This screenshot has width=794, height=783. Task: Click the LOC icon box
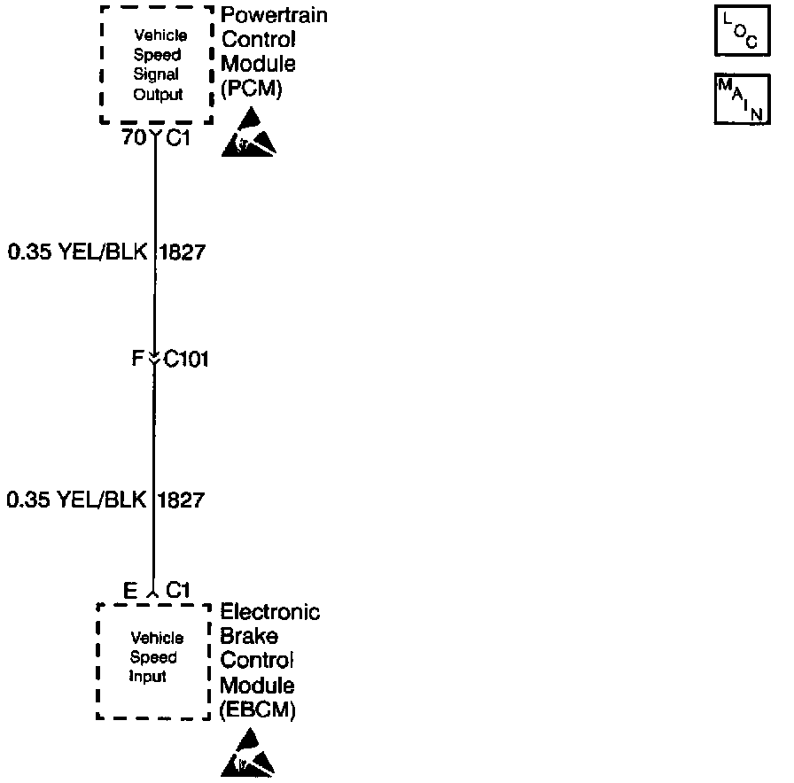click(x=740, y=33)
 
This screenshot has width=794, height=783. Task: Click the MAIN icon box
click(x=740, y=99)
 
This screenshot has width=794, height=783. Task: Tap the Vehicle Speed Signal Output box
click(x=157, y=66)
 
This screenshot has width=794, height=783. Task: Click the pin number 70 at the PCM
click(x=134, y=137)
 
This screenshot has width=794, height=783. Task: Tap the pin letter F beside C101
click(x=137, y=360)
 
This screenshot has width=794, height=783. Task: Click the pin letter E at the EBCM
click(x=130, y=590)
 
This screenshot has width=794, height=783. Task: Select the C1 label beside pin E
click(x=179, y=590)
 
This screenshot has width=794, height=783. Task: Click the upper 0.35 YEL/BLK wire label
click(x=77, y=252)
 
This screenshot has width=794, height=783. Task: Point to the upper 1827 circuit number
click(x=183, y=252)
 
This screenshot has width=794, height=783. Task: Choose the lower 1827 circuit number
click(x=182, y=500)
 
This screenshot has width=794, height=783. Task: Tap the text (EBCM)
click(x=257, y=709)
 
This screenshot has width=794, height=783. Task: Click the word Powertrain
click(x=273, y=16)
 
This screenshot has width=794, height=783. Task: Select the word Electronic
click(x=270, y=612)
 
